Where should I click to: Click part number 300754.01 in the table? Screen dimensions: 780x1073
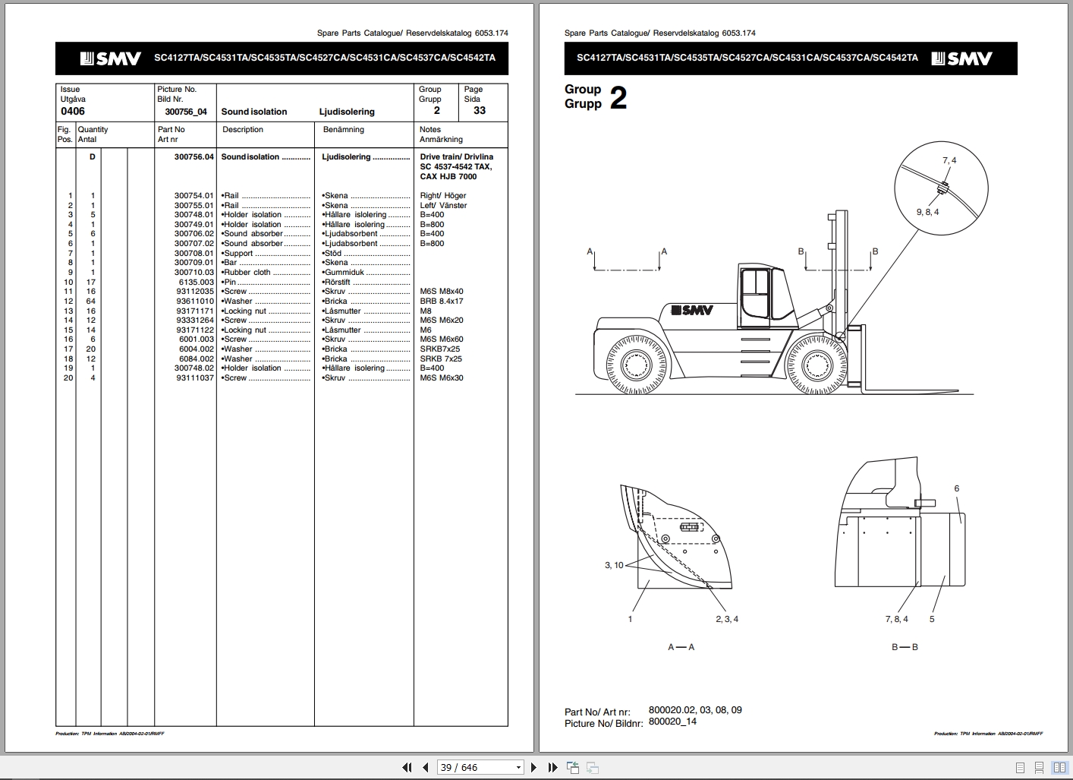(x=194, y=196)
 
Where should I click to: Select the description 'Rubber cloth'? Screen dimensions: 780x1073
(x=247, y=273)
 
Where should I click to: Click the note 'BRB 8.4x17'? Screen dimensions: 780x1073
(x=441, y=302)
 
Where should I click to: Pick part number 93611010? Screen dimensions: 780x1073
(x=195, y=302)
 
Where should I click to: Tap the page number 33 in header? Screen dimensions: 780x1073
(x=479, y=111)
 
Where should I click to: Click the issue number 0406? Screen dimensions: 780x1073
(x=73, y=112)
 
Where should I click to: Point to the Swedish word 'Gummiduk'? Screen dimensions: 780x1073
(x=345, y=273)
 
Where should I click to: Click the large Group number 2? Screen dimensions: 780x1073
(x=618, y=98)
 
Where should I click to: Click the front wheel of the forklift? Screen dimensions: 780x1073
(x=817, y=365)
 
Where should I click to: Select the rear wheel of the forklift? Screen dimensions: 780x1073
(x=636, y=365)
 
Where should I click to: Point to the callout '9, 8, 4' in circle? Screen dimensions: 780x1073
(x=927, y=213)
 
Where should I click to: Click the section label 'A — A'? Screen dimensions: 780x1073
(x=681, y=647)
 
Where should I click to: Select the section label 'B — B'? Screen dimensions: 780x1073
(x=905, y=647)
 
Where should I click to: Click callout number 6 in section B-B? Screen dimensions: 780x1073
(x=956, y=489)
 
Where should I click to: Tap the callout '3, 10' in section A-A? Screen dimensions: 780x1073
(x=614, y=565)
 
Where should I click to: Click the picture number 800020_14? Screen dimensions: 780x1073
(x=672, y=722)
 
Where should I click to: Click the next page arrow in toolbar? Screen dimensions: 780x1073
(x=533, y=768)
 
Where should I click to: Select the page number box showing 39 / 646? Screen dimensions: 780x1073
(x=480, y=768)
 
